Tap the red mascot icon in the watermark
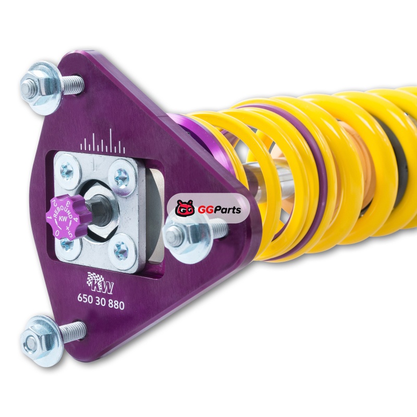click(185, 207)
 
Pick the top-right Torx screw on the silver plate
click(122, 176)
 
